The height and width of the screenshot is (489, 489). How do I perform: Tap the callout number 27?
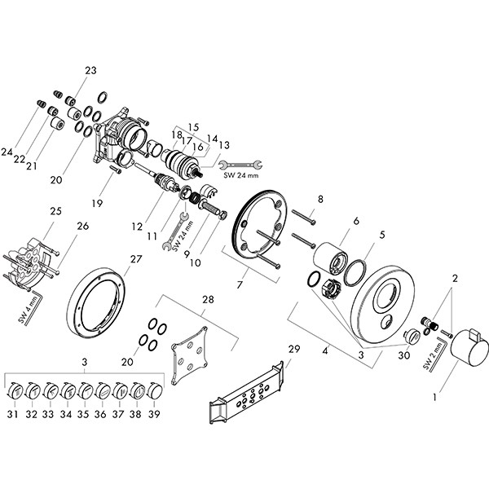coord(135,259)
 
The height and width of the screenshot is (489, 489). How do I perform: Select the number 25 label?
coord(55,211)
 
